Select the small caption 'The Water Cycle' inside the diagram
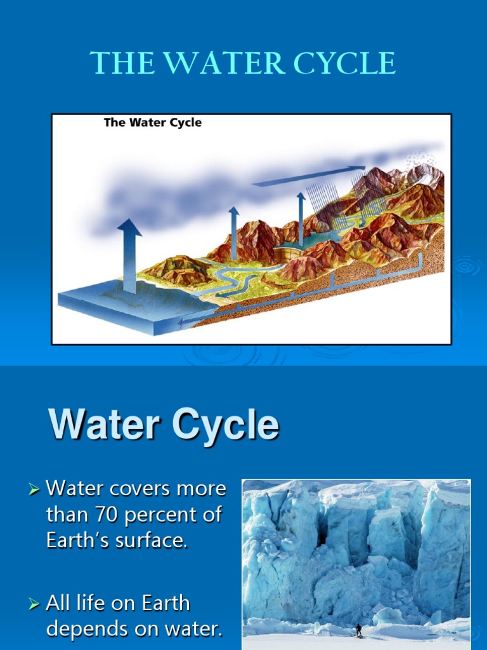[152, 123]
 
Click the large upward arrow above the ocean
[129, 254]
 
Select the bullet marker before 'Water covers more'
[34, 489]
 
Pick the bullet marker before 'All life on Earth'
[34, 604]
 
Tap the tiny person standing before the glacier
[358, 630]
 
